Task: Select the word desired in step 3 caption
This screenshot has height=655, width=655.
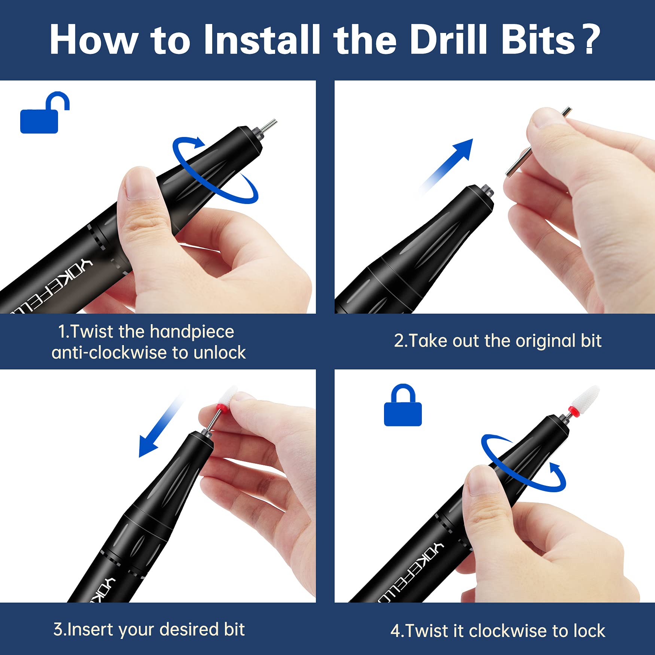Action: (189, 629)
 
